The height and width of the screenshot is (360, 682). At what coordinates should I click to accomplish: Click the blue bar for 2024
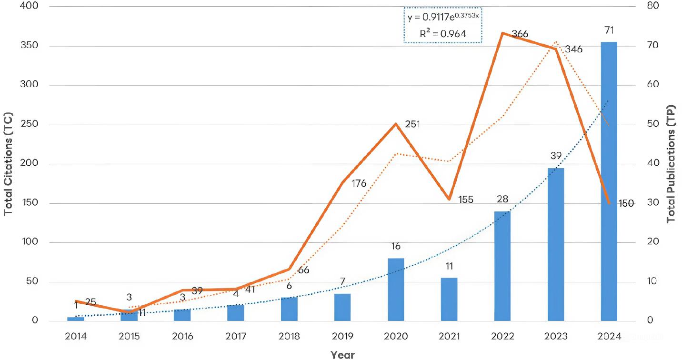[x=609, y=181]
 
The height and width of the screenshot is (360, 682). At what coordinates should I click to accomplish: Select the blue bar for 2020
[x=396, y=290]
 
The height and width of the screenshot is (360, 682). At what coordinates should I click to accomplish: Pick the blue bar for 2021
[x=449, y=300]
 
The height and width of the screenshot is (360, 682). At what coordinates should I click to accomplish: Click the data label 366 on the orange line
[x=520, y=34]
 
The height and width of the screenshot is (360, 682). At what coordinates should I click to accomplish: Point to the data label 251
[x=413, y=124]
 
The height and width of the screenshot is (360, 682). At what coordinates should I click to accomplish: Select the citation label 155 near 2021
[x=465, y=200]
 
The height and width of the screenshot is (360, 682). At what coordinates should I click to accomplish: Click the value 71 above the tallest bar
[x=609, y=31]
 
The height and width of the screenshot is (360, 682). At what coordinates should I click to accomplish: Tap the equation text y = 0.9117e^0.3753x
[x=443, y=17]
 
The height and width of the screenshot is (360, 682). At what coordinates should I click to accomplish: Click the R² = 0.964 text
[x=443, y=34]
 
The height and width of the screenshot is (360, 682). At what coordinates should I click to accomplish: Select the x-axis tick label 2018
[x=289, y=337]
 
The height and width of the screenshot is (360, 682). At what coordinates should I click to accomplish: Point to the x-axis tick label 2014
[x=76, y=337]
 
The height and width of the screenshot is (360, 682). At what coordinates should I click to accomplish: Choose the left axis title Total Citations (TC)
[x=8, y=164]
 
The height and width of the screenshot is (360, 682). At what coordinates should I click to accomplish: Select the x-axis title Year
[x=342, y=354]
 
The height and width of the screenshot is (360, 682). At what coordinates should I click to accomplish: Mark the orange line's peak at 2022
[x=502, y=33]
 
